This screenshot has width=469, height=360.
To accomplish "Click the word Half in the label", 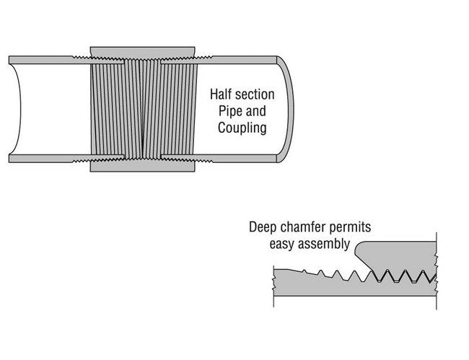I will (x=222, y=95).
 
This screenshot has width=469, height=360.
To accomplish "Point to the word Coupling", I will (x=242, y=129).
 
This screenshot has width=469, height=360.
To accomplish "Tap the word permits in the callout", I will (x=351, y=227).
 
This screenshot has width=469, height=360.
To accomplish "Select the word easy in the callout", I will (x=284, y=244).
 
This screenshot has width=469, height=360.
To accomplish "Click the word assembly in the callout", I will (x=326, y=244).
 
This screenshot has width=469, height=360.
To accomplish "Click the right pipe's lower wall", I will (x=238, y=157).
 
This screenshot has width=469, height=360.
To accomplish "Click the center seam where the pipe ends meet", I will (x=143, y=108).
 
